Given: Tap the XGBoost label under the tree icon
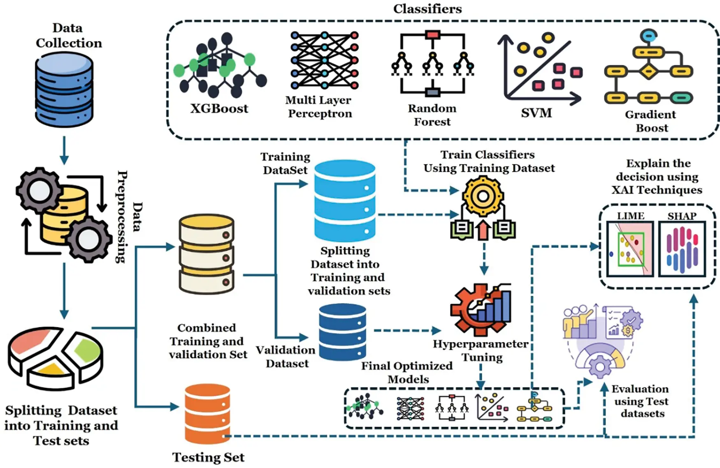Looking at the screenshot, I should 219,108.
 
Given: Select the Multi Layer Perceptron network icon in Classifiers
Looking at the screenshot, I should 324,60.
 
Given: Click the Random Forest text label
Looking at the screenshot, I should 432,115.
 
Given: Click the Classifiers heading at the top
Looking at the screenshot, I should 427,9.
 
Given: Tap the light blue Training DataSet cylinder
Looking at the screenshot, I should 345,200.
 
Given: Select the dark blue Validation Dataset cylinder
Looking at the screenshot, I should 342,332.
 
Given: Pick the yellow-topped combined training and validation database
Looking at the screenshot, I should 207,254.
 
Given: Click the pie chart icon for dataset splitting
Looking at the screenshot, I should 56,357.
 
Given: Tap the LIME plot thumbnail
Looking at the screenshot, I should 629,249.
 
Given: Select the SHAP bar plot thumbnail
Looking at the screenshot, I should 682,249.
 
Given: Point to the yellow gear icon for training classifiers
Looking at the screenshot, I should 483,196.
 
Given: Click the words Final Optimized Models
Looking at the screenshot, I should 406,372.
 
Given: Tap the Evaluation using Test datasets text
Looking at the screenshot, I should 641,401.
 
